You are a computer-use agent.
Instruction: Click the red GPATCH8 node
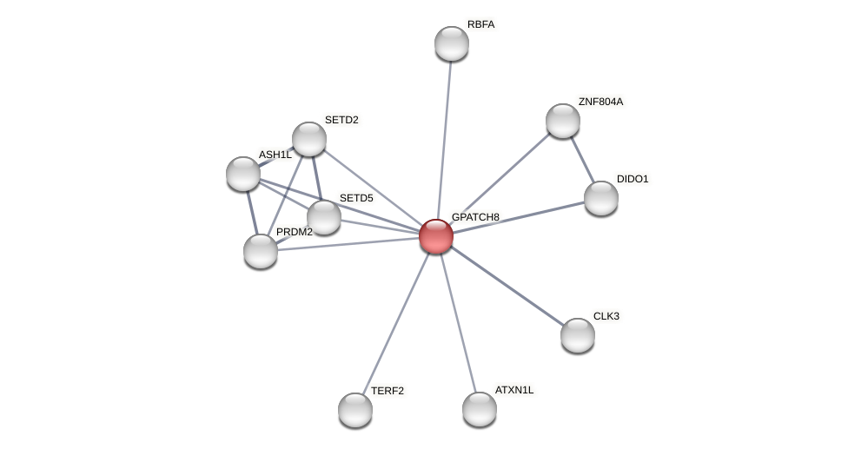coord(435,235)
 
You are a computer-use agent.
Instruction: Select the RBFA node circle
coord(451,43)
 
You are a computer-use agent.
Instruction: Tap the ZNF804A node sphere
coord(562,121)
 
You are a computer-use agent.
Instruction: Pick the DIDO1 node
coord(600,198)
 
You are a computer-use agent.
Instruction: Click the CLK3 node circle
coord(577,335)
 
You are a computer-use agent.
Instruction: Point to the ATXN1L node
coord(479,409)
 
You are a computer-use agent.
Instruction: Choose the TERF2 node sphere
coord(354,410)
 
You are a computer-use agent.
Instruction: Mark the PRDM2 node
coord(260,251)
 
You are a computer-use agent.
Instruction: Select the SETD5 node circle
coord(323,217)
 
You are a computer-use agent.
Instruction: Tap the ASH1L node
coord(242,174)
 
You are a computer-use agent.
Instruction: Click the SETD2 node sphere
coord(308,139)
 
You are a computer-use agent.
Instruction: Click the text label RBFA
coord(480,24)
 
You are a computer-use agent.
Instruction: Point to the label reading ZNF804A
coord(600,102)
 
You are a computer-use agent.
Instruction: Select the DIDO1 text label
coord(633,179)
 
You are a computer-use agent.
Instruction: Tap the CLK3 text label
coord(606,316)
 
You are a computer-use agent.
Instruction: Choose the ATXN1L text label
coord(514,390)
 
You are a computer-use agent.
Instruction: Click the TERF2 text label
coord(387,391)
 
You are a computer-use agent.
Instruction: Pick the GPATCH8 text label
coord(474,216)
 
